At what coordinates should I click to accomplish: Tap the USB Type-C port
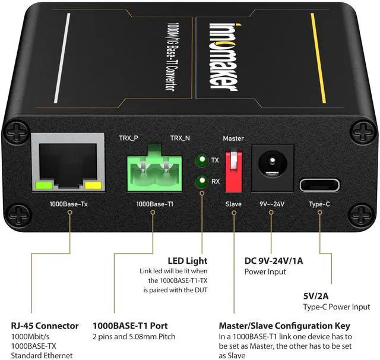coord(319,184)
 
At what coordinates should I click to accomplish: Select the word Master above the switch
coord(233,138)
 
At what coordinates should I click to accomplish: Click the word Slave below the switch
coord(233,204)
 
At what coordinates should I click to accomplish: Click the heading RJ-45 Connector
coord(45,326)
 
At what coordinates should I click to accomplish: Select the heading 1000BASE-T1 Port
coord(130,326)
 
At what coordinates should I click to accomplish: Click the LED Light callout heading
coord(188,260)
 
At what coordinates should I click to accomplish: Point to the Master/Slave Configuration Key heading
coord(284,326)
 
